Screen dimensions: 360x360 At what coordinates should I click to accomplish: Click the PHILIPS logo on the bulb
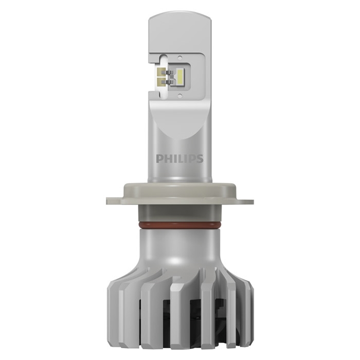(x=179, y=158)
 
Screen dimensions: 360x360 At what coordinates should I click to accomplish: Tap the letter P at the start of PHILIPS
(x=159, y=158)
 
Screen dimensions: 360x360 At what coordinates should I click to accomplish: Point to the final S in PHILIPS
(x=200, y=158)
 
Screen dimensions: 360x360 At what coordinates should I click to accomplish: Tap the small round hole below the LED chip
(x=180, y=95)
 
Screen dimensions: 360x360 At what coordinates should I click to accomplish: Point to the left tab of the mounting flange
(x=115, y=201)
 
